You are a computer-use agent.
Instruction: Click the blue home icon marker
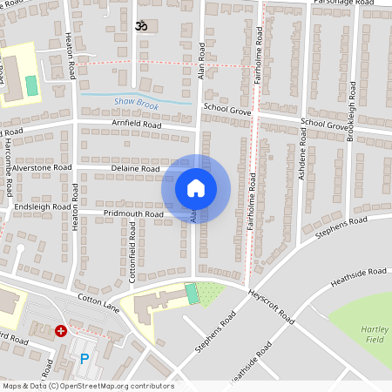[x=196, y=187]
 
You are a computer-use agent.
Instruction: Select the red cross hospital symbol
[x=61, y=331]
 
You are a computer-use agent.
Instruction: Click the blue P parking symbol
[x=84, y=358]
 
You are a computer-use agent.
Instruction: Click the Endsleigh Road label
[x=43, y=207]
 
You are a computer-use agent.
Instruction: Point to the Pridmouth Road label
[x=133, y=213]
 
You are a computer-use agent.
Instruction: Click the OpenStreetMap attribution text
[x=87, y=386]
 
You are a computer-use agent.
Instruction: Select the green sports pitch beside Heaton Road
[x=32, y=86]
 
